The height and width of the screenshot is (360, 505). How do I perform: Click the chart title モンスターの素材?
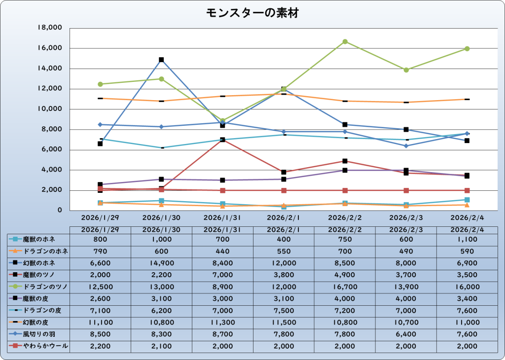252,13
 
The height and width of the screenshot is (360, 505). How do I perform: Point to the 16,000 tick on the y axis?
50,48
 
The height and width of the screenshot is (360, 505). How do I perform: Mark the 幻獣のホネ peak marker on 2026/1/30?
161,60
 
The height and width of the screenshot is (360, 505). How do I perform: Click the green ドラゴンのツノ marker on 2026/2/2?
345,41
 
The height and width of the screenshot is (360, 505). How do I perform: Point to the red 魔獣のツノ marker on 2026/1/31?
222,140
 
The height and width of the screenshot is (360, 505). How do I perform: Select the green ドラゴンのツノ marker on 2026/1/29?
100,84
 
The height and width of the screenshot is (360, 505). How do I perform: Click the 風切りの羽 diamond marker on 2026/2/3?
406,145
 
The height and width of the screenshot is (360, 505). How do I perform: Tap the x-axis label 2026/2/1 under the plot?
284,217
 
